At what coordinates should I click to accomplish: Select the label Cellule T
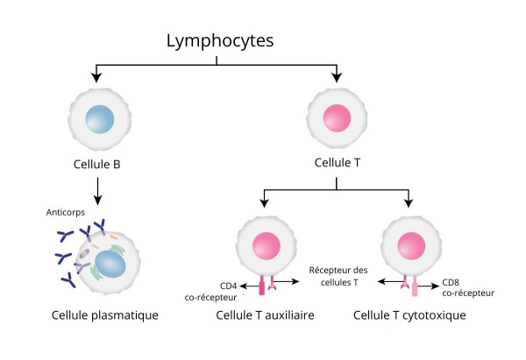click(337, 163)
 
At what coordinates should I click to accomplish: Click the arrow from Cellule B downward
click(96, 188)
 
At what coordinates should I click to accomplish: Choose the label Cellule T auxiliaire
click(264, 314)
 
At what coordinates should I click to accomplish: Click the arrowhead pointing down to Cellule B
click(96, 79)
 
